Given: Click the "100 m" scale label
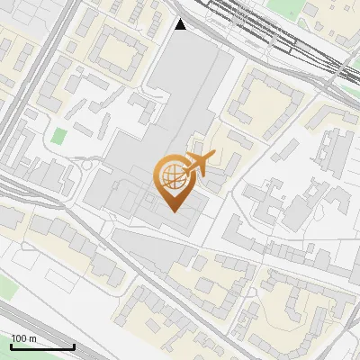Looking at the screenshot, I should pos(23,338).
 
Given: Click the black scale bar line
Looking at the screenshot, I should pos(42,346).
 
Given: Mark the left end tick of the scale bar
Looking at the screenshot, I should pos(11,345).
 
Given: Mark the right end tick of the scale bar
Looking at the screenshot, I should pos(74,345).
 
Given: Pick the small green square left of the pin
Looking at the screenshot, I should pos(59,137).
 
